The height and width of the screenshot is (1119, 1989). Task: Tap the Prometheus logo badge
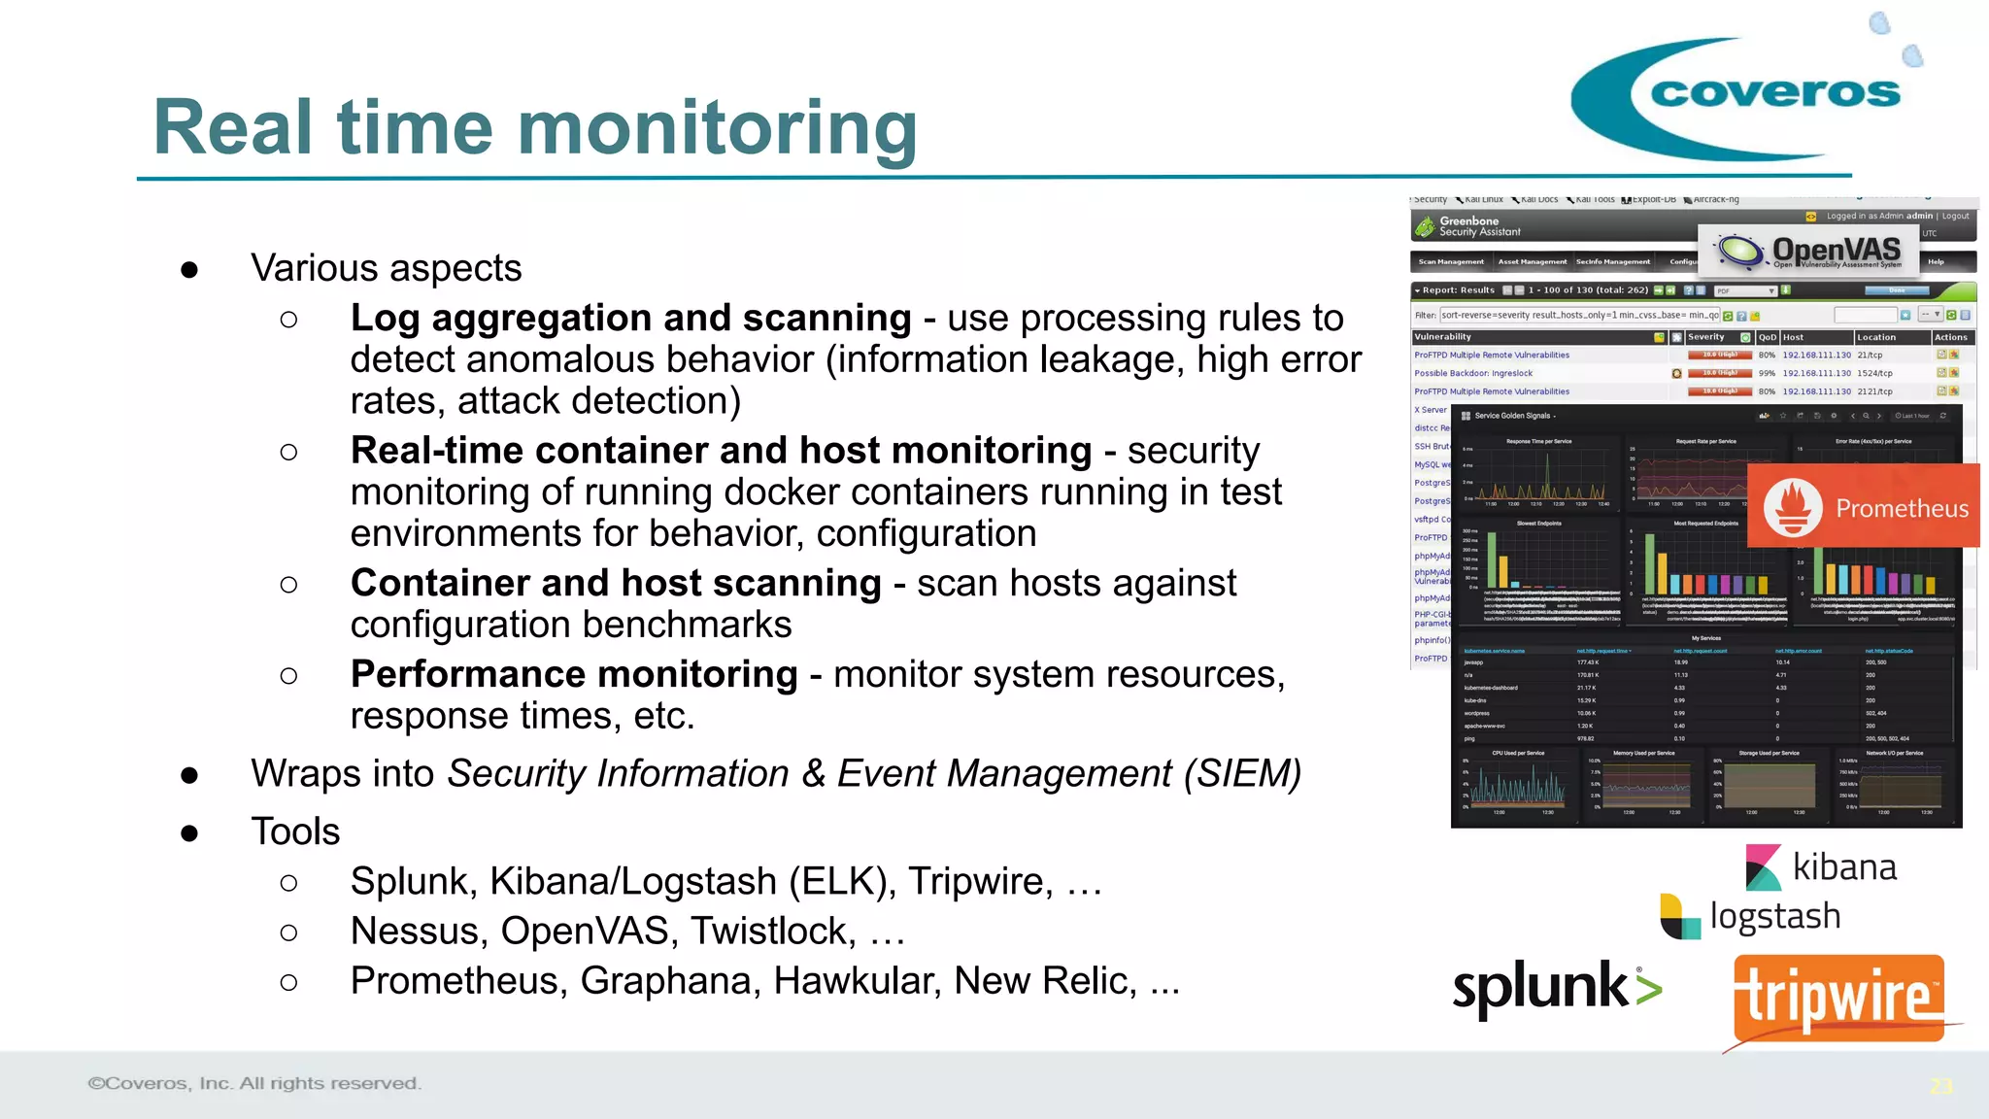tap(1863, 507)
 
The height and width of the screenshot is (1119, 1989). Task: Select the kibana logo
tap(1821, 866)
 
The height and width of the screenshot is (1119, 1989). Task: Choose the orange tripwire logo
tap(1838, 999)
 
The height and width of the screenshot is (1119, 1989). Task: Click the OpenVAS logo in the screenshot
tap(1809, 251)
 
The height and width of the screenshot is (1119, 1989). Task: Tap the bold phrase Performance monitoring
tap(574, 674)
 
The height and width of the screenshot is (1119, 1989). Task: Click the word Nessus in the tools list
tap(419, 931)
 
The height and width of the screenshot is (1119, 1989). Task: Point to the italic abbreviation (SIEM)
tap(1242, 774)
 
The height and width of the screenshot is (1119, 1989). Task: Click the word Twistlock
tap(773, 931)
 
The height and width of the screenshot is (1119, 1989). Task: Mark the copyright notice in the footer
tap(254, 1083)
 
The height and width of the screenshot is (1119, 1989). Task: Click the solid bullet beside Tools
tap(189, 833)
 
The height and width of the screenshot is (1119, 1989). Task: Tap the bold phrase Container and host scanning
tap(616, 583)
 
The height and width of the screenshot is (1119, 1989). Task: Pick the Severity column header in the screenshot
tap(1706, 337)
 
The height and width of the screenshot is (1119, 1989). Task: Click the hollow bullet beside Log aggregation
tap(288, 320)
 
